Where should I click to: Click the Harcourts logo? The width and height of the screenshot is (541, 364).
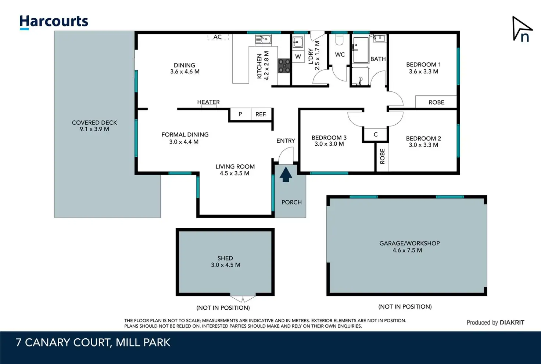(x=54, y=22)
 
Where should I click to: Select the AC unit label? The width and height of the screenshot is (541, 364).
(x=217, y=37)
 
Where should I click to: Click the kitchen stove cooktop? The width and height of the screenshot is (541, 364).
(x=284, y=66)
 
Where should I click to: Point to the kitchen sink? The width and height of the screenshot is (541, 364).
(x=263, y=39)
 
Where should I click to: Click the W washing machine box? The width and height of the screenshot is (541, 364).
(x=298, y=57)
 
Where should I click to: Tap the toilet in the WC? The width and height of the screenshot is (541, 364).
(x=339, y=40)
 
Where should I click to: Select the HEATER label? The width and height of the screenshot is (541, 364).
(x=208, y=102)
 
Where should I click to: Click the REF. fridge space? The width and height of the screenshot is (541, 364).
(x=261, y=114)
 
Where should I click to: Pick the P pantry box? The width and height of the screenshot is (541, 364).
(x=241, y=114)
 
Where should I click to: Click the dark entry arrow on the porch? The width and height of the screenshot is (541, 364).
(x=286, y=175)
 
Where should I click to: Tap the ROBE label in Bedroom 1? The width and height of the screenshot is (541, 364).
(x=436, y=102)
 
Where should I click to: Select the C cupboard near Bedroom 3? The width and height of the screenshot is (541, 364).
(x=376, y=134)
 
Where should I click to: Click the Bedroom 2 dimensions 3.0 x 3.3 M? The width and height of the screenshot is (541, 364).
(x=423, y=145)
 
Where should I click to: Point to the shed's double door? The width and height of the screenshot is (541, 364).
(x=243, y=299)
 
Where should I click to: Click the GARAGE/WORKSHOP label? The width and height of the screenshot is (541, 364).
(x=410, y=243)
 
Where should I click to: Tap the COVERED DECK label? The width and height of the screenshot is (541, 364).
(x=94, y=123)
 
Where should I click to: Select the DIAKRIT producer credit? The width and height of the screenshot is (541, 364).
(x=512, y=323)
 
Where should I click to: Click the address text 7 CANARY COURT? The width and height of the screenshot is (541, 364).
(x=64, y=343)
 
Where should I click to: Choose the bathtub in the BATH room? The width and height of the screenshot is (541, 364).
(x=361, y=50)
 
